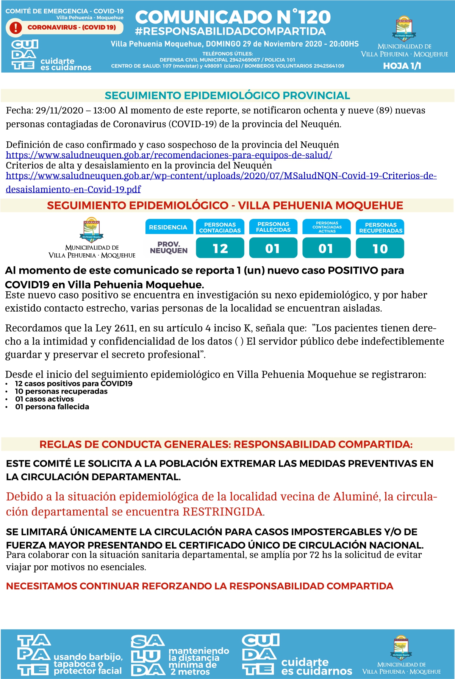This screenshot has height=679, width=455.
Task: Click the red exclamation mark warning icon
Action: point(16,28)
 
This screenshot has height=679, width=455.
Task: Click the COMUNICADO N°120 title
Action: point(233,17)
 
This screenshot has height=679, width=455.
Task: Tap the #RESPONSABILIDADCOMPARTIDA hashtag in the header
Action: point(230,31)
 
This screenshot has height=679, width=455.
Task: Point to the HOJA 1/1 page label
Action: point(402,66)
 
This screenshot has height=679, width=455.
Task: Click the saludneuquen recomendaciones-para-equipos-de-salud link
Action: point(169,155)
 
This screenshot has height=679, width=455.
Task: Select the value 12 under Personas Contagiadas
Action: point(220,248)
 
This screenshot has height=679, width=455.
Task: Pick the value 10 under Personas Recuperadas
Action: point(380,248)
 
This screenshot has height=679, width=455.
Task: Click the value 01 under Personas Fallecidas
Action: point(273,248)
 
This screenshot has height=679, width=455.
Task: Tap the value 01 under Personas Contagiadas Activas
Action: point(327,248)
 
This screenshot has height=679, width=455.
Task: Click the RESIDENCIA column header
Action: point(168,227)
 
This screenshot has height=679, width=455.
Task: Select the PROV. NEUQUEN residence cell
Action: point(169,248)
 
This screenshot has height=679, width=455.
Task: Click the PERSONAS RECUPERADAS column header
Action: point(380,227)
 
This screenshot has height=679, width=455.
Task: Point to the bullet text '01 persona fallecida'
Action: point(52,407)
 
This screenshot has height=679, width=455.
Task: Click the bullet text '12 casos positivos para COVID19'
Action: point(74,384)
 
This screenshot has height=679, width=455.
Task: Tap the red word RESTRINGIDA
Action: point(223,512)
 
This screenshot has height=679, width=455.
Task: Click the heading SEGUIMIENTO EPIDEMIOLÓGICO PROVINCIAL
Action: point(227,95)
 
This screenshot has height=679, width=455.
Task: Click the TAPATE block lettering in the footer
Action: point(33,656)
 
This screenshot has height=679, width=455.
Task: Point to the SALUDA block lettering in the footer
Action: point(147,656)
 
